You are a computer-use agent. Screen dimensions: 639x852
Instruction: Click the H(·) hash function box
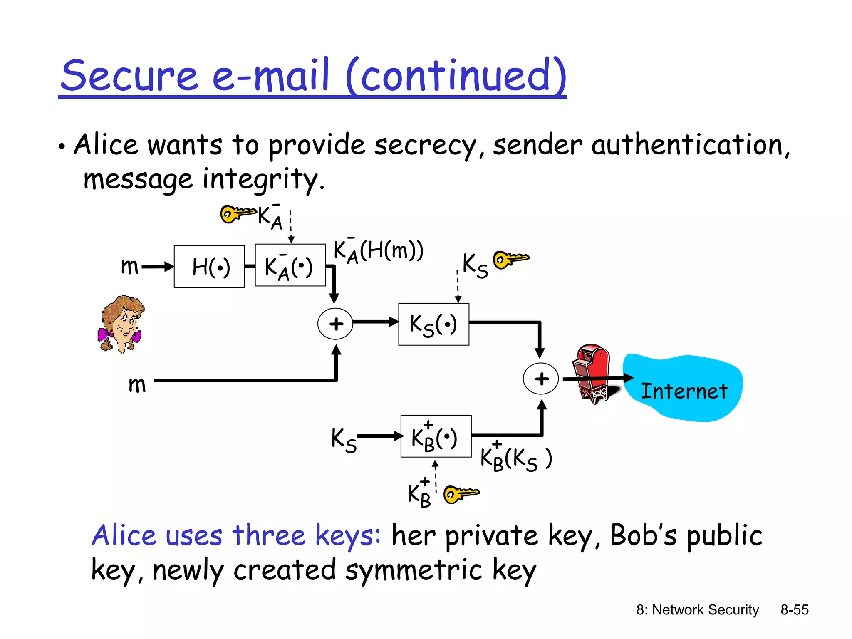click(x=209, y=266)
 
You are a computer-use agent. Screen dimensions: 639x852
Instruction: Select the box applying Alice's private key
click(x=290, y=265)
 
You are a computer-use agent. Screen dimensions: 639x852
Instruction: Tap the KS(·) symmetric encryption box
click(x=433, y=324)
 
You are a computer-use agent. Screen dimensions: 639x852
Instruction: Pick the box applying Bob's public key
click(x=436, y=436)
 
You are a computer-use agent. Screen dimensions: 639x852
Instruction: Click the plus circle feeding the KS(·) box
click(x=335, y=324)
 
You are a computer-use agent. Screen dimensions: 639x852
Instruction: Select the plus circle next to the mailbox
click(x=541, y=379)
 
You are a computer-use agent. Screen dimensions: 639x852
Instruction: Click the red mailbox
click(x=591, y=372)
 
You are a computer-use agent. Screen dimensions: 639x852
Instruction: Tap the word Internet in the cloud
click(x=684, y=391)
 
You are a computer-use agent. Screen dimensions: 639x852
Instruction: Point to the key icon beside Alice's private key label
click(x=237, y=214)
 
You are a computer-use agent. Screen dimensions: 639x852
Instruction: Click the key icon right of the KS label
click(x=510, y=259)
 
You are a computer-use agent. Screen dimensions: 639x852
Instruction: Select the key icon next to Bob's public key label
click(x=461, y=494)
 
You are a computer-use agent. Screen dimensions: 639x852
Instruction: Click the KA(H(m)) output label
click(x=379, y=251)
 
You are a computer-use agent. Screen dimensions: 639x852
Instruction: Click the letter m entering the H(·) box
click(x=129, y=266)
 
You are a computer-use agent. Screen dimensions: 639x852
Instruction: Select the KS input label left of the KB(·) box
click(x=344, y=439)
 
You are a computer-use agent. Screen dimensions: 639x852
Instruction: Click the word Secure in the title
click(x=129, y=76)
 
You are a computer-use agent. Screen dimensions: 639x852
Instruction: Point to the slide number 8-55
click(x=794, y=609)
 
